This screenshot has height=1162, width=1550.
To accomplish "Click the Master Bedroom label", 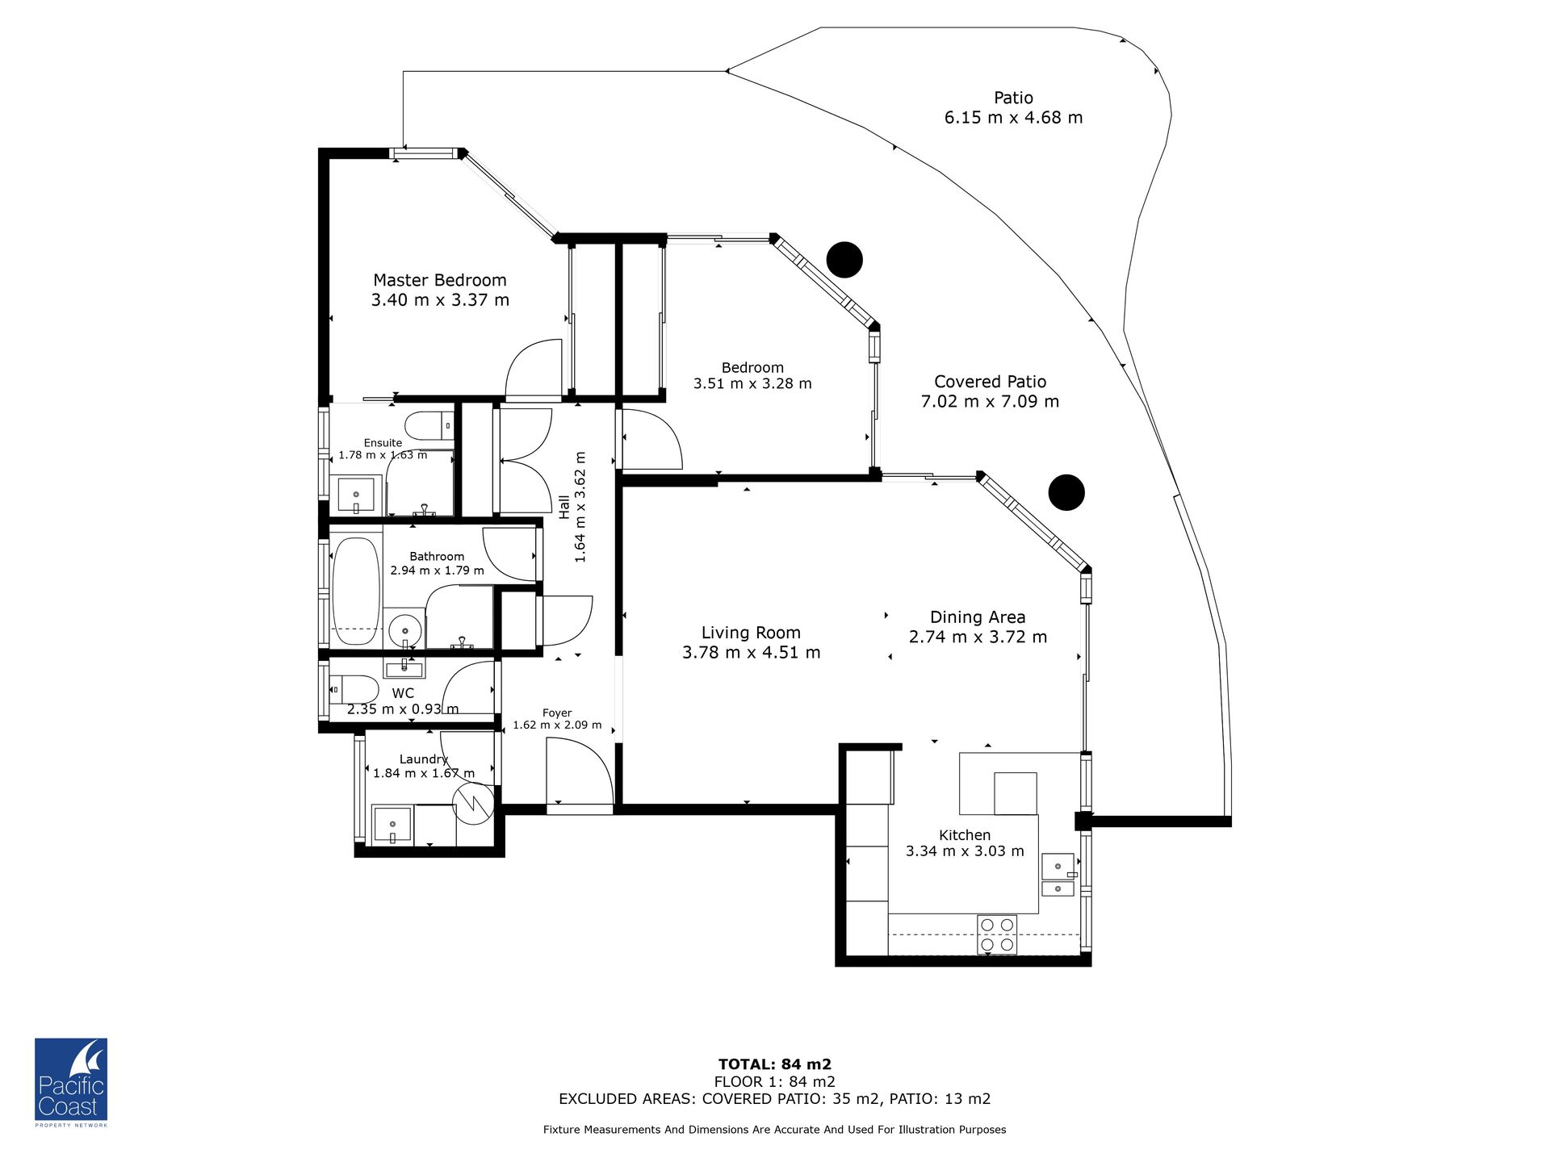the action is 440,280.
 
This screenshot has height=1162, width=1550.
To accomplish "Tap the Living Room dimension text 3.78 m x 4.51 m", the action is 751,652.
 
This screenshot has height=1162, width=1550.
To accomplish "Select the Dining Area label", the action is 978,617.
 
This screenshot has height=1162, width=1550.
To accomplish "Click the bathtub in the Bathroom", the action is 356,591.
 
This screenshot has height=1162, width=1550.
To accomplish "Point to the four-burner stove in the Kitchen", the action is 997,934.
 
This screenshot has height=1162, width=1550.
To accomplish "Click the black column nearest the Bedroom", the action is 845,260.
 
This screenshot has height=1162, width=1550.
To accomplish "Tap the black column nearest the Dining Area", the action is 1066,492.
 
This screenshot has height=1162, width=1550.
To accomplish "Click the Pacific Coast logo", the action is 71,1082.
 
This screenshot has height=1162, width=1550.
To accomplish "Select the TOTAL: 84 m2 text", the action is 775,1064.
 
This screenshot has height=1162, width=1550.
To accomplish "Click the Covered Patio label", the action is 991,382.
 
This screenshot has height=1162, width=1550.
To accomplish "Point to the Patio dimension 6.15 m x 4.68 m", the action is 1014,118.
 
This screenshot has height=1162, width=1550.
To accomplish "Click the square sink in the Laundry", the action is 392,825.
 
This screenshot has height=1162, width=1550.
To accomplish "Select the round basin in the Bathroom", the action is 404,630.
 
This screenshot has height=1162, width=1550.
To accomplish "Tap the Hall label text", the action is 564,508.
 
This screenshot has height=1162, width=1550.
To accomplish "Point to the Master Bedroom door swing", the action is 534,370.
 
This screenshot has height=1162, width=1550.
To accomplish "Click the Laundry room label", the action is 424,759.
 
